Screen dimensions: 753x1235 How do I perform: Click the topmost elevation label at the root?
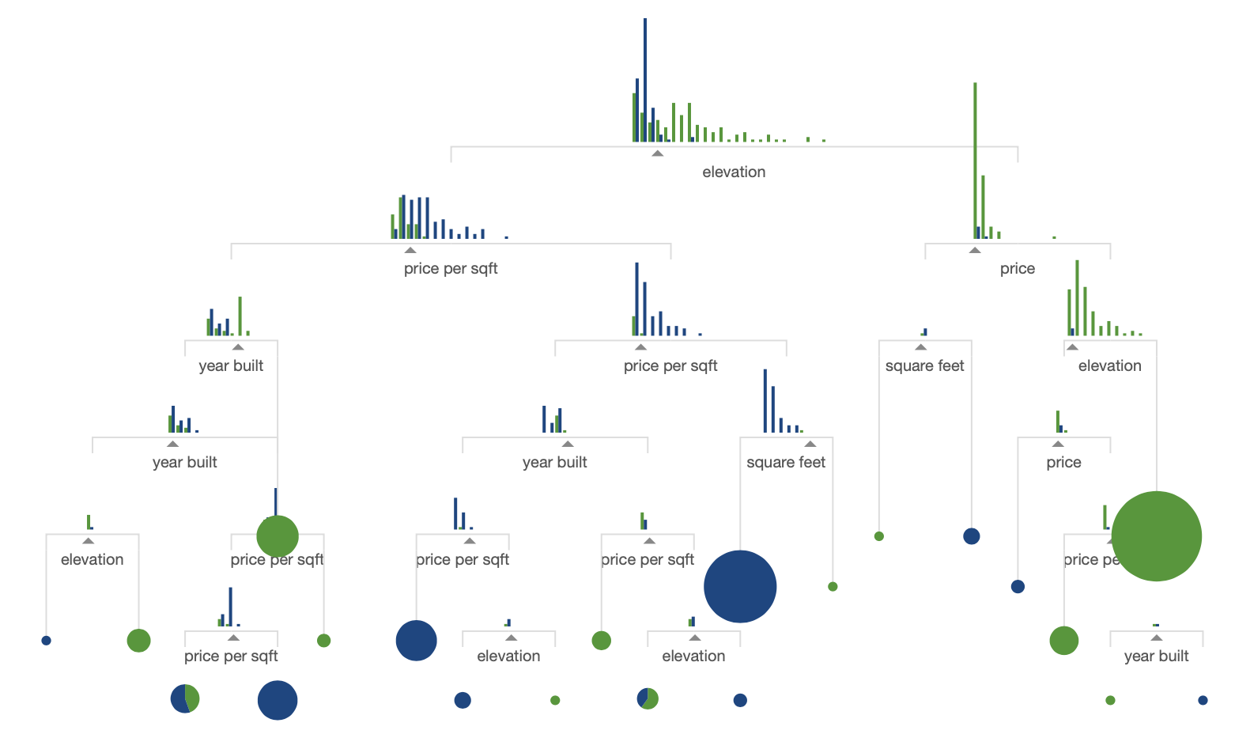734,172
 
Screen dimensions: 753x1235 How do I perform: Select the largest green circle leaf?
1156,536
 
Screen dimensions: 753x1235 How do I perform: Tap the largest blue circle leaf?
740,587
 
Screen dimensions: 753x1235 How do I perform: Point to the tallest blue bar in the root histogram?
645,79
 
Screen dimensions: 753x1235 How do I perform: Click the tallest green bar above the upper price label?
975,158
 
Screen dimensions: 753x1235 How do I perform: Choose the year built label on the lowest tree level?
1156,656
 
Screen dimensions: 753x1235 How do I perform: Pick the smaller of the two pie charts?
648,698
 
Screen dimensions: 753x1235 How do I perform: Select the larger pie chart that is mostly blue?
185,698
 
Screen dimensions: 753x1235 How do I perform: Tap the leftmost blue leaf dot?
46,640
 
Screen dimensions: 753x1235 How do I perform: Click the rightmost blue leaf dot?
1203,700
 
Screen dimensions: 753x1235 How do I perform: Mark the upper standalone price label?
1017,268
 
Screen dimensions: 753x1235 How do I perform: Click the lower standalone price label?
1063,462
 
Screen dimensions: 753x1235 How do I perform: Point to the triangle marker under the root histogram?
657,153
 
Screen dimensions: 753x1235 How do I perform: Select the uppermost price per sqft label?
451,268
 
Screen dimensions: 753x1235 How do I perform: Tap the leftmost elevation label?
92,559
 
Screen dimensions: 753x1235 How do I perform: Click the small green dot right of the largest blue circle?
833,586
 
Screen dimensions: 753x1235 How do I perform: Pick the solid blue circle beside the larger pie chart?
278,700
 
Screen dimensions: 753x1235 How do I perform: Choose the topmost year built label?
231,365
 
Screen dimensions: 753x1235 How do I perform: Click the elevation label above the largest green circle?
1109,365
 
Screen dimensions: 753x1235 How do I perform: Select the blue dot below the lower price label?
1018,586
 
